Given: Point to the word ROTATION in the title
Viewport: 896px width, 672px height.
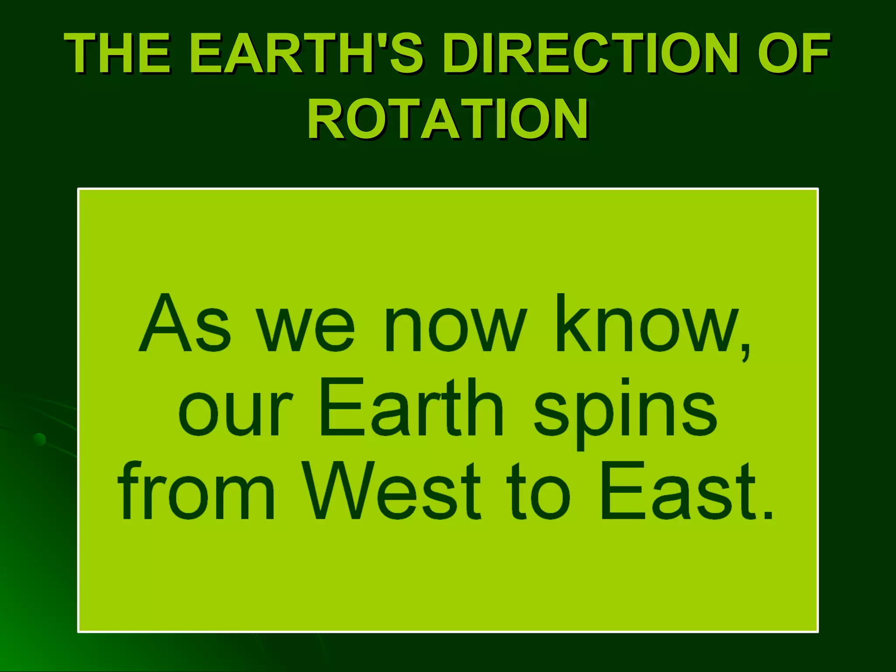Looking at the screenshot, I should (448, 119).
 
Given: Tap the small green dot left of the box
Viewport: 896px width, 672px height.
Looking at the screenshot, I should (39, 439).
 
